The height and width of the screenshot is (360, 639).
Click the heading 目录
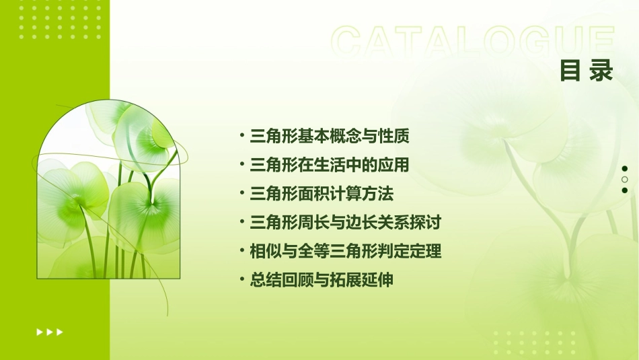[587, 71]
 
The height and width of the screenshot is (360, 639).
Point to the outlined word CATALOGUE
[473, 42]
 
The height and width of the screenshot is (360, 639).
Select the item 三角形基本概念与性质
[330, 136]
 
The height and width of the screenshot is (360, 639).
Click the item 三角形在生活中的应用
[330, 165]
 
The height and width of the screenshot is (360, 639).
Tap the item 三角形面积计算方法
[322, 194]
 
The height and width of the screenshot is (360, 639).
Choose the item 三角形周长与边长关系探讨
[345, 222]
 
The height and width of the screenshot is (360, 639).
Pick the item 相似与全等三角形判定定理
[345, 252]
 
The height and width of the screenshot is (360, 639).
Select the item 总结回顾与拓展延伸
[322, 281]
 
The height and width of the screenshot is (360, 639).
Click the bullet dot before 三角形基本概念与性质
[242, 135]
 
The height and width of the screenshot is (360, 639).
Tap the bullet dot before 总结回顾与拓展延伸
[242, 280]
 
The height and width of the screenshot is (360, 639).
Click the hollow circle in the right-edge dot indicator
[625, 180]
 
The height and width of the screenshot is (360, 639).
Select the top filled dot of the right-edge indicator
[625, 169]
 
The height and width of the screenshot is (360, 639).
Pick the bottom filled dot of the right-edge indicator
[625, 190]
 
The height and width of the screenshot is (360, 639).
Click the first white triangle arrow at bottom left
[39, 332]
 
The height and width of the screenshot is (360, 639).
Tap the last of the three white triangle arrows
[60, 332]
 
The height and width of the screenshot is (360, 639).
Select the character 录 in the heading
[601, 71]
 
